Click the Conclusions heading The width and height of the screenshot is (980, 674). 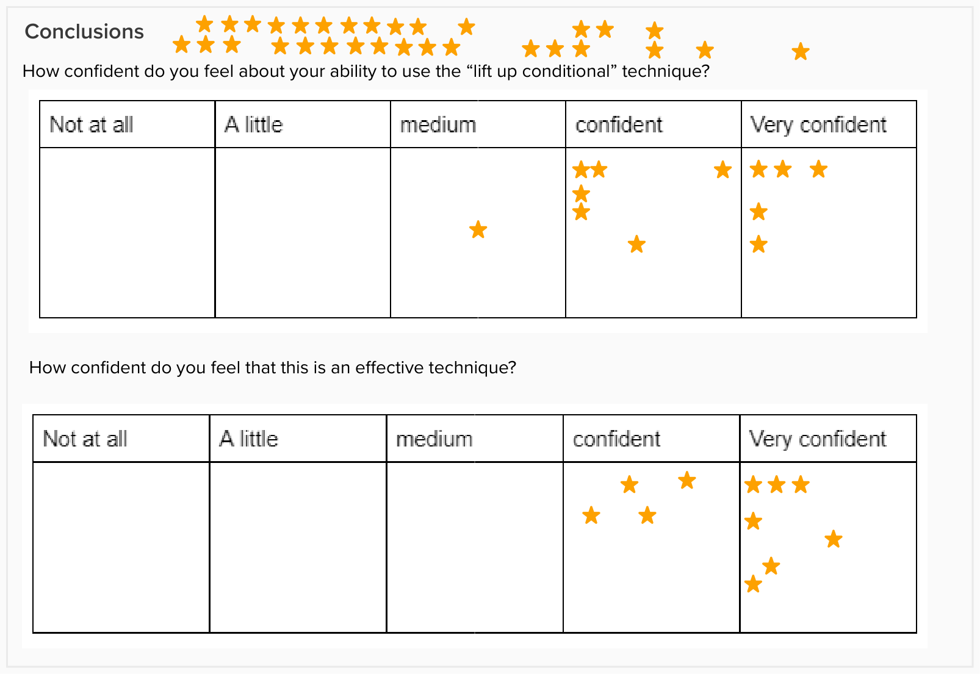[x=84, y=32]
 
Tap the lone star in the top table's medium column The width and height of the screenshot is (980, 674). [x=478, y=229]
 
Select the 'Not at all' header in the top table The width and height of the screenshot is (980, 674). [x=91, y=124]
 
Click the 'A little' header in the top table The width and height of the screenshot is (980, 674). [x=254, y=124]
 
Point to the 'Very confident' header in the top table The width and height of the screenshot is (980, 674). [x=818, y=125]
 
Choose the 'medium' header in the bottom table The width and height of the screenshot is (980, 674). [x=434, y=439]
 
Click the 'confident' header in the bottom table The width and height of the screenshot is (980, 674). [x=616, y=439]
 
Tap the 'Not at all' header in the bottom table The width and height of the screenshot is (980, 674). [x=85, y=439]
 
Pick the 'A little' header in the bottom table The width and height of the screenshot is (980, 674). [x=248, y=439]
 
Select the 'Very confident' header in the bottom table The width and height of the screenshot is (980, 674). [x=817, y=439]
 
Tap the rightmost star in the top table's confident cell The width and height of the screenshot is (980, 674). [x=722, y=170]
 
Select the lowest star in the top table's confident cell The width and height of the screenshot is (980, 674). [x=636, y=244]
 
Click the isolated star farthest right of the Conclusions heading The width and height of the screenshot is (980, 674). [x=801, y=52]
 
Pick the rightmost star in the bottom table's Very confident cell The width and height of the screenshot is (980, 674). [x=834, y=539]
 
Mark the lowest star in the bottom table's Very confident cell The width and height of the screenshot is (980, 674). [x=754, y=584]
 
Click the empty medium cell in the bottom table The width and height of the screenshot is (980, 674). [x=475, y=547]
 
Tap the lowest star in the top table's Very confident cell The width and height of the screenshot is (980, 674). [x=758, y=244]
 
